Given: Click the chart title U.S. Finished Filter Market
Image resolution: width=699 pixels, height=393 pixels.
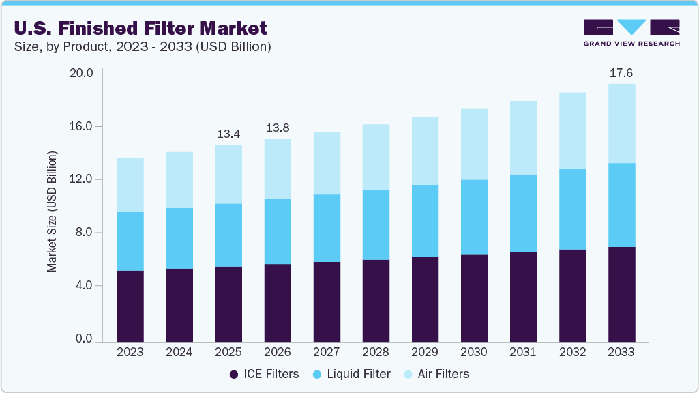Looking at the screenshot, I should pyautogui.click(x=140, y=28).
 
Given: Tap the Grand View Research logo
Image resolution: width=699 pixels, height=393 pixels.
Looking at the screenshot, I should pyautogui.click(x=631, y=33).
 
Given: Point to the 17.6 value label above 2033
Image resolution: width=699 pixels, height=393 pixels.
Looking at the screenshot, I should pyautogui.click(x=621, y=73).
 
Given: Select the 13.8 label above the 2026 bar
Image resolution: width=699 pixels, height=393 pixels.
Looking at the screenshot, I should pyautogui.click(x=278, y=127).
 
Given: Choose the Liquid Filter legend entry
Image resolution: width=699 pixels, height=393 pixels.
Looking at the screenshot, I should pyautogui.click(x=352, y=374).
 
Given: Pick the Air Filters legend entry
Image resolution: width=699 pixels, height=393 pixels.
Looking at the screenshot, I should pyautogui.click(x=436, y=374).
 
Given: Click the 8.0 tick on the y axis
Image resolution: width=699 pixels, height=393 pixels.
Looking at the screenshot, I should pyautogui.click(x=83, y=233).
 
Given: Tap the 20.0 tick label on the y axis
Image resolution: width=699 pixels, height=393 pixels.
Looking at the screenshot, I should pyautogui.click(x=80, y=73).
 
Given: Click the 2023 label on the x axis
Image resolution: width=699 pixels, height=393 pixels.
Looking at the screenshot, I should pyautogui.click(x=130, y=353).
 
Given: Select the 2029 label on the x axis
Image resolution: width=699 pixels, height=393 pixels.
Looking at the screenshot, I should pyautogui.click(x=425, y=353).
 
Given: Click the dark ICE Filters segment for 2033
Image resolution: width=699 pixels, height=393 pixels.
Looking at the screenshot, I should pyautogui.click(x=621, y=294).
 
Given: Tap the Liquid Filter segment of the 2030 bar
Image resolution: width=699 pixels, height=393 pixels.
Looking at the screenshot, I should pyautogui.click(x=474, y=218).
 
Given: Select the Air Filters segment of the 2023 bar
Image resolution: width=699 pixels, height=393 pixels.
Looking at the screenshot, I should pyautogui.click(x=130, y=185).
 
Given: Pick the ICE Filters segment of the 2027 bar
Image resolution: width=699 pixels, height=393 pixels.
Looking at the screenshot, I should pyautogui.click(x=327, y=302).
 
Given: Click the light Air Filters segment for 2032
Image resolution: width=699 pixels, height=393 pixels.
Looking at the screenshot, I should pyautogui.click(x=572, y=130).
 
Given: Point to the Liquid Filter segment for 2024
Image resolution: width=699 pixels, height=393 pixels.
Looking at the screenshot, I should pyautogui.click(x=179, y=238).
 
